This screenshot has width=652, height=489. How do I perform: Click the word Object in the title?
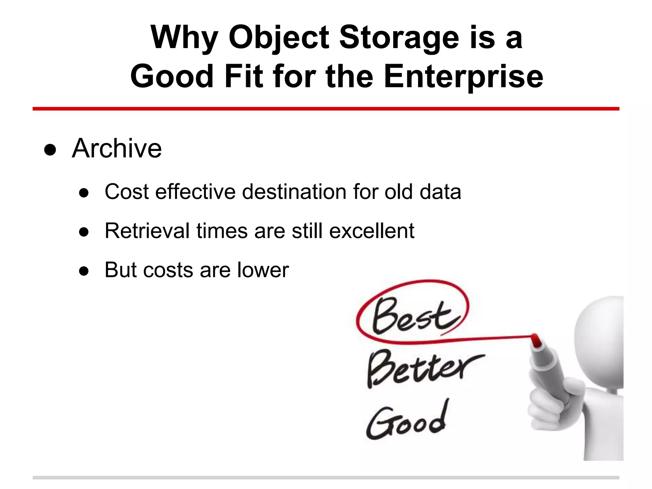[279, 38]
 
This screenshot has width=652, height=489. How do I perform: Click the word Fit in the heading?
[244, 76]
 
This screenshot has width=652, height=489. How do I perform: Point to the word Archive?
[117, 148]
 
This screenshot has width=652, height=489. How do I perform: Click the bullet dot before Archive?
[50, 150]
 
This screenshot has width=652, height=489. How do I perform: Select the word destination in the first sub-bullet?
[294, 192]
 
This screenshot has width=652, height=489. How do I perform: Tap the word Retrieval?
[147, 231]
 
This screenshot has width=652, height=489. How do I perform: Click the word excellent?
[372, 231]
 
